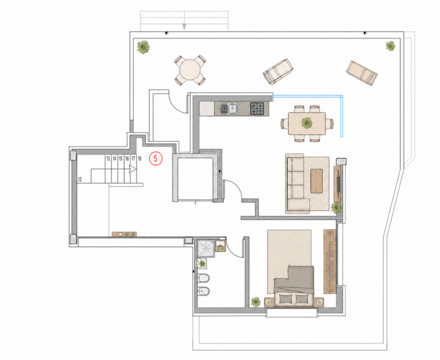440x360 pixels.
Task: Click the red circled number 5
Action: click(x=156, y=158)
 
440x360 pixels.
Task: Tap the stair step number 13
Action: click(x=108, y=159)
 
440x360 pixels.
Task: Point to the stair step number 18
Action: click(x=140, y=159)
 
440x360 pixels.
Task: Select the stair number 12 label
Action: click(x=80, y=179)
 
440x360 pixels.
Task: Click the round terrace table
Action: click(x=190, y=70)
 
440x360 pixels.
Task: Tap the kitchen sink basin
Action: click(x=233, y=108)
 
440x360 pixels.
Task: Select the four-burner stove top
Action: click(x=257, y=108)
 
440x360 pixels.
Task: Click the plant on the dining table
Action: click(x=306, y=123)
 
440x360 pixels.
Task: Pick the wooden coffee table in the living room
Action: click(x=317, y=181)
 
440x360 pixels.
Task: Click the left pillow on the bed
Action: click(x=284, y=299)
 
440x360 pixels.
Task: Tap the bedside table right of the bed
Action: click(x=320, y=302)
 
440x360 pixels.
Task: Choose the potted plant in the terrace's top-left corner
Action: click(x=143, y=47)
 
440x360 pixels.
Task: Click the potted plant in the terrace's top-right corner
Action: click(x=390, y=46)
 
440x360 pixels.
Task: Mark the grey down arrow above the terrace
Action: click(x=184, y=26)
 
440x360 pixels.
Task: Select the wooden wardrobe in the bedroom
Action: click(x=329, y=261)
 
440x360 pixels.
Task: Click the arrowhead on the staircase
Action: click(x=133, y=169)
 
